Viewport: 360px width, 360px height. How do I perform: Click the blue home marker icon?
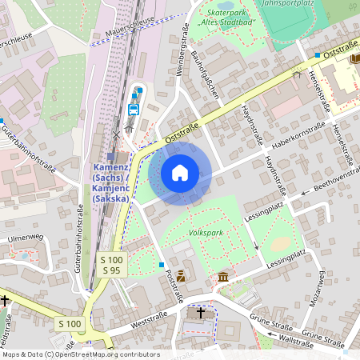tap(180, 173)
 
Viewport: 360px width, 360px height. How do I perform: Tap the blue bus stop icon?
tap(134, 109)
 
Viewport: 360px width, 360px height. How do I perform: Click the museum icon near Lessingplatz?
tap(222, 277)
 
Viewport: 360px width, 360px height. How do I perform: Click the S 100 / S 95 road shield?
tap(112, 265)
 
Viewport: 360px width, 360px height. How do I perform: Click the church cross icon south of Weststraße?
tap(200, 313)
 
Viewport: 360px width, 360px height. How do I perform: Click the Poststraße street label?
tap(174, 285)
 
